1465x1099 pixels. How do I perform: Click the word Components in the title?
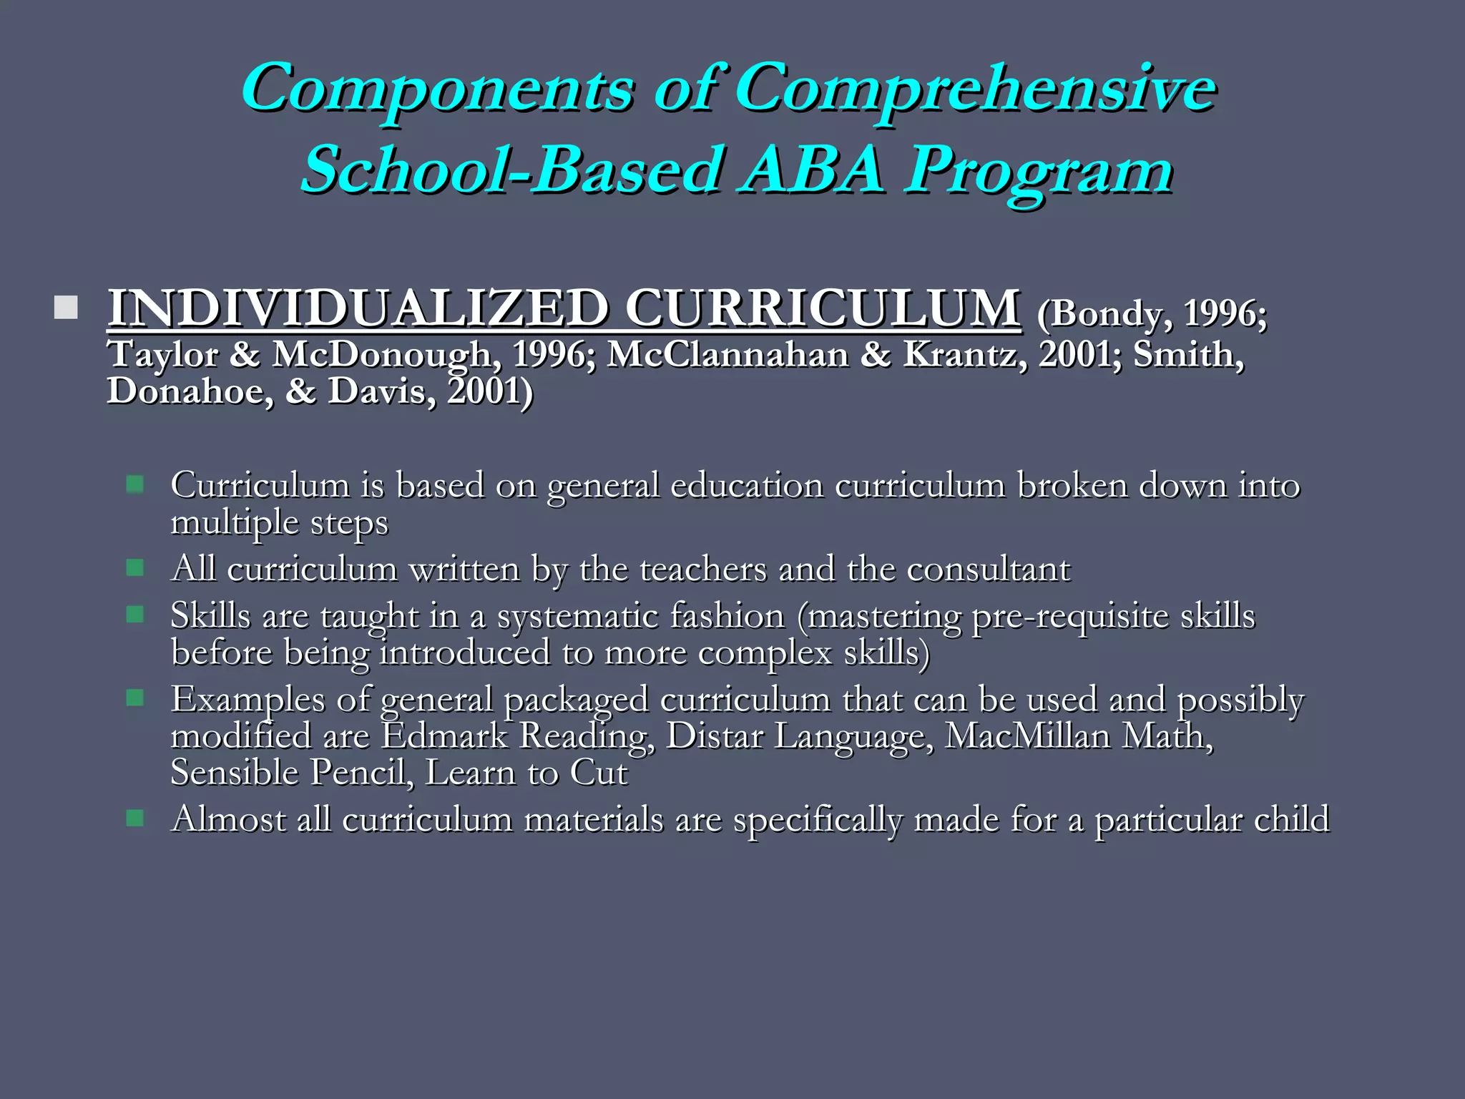437,89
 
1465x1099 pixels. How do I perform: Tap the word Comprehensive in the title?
976,89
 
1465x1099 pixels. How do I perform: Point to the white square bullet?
66,308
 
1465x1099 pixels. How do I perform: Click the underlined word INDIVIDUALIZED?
358,308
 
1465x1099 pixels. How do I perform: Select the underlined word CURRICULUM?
823,308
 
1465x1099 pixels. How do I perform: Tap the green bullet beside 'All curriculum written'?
134,568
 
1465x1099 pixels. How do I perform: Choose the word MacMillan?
1027,736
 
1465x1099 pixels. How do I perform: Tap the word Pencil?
362,773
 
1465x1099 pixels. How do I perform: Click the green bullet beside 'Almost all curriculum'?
134,818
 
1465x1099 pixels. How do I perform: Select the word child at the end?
1291,819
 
